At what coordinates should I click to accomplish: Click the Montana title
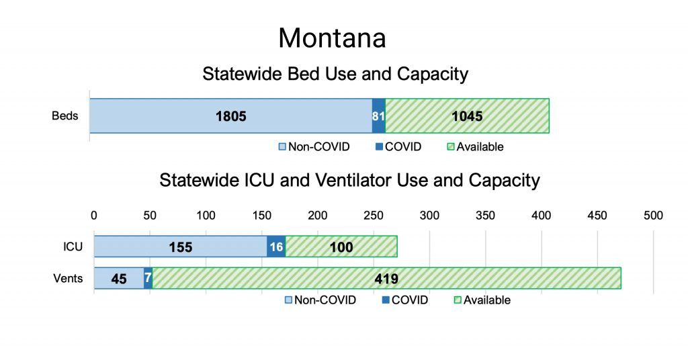(x=332, y=38)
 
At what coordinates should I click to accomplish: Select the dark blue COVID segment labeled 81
(x=379, y=116)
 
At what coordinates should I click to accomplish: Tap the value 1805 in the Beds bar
(x=231, y=116)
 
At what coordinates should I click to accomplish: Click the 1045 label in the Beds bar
(x=467, y=116)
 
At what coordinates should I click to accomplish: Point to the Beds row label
(x=65, y=116)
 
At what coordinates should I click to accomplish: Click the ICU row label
(x=73, y=247)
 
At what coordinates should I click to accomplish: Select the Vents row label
(x=68, y=279)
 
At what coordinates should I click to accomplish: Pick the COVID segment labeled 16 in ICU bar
(x=276, y=246)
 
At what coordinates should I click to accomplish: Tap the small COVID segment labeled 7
(x=148, y=278)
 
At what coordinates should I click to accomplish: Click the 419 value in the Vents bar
(x=386, y=279)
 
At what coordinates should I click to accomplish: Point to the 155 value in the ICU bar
(x=180, y=247)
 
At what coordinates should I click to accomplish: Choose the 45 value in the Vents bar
(x=118, y=279)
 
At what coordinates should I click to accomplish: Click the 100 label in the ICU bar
(x=341, y=247)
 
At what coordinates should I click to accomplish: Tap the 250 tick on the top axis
(x=374, y=216)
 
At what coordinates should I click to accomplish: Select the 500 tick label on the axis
(x=653, y=216)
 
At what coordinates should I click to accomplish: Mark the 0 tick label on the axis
(x=94, y=216)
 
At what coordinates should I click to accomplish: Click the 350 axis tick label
(x=485, y=216)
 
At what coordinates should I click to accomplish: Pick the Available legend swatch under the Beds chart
(x=451, y=146)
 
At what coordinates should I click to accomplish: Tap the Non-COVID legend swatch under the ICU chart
(x=288, y=300)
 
